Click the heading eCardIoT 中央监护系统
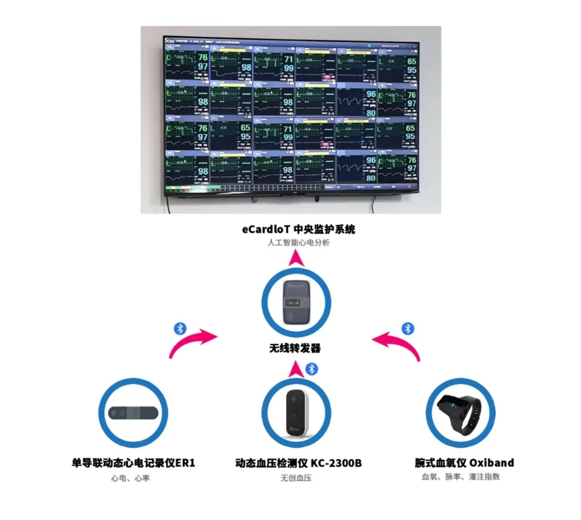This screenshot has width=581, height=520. tap(298, 229)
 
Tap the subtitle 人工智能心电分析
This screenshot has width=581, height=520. tap(298, 243)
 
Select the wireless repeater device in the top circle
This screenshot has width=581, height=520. tap(295, 303)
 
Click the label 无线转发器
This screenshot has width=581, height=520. tap(295, 348)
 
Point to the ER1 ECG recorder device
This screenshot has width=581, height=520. tap(133, 413)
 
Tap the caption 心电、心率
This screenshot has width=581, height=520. tap(133, 478)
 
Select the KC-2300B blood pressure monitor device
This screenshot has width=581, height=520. tap(295, 413)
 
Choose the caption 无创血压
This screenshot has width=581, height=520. tap(296, 478)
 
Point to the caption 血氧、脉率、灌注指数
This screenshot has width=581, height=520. tap(460, 477)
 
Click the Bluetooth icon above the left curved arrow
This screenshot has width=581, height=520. tap(179, 328)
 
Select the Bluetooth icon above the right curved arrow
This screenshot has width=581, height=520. tap(408, 328)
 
